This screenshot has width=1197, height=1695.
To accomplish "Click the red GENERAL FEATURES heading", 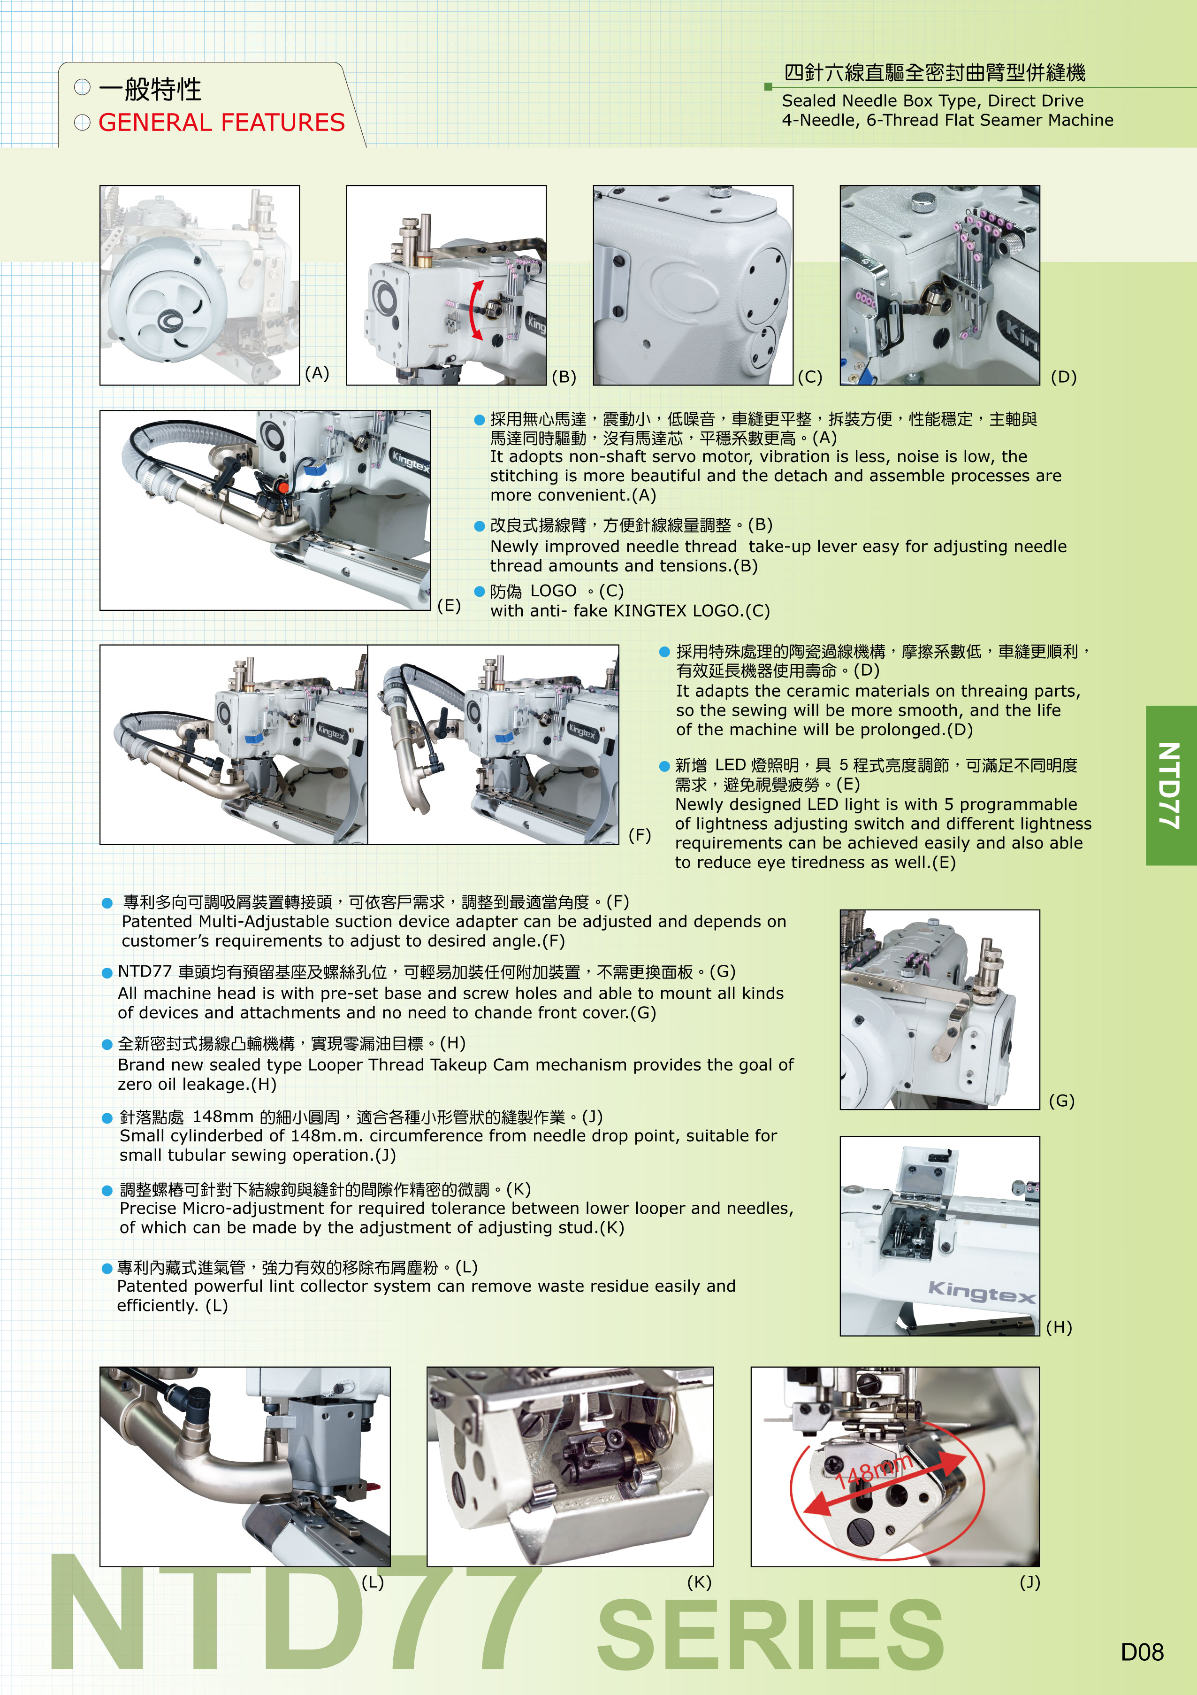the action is [x=221, y=123].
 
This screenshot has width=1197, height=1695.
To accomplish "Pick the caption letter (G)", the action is [x=1062, y=1101].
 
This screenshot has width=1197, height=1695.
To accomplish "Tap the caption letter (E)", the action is [x=449, y=605].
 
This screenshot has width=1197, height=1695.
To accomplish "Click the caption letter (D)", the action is [x=1063, y=377].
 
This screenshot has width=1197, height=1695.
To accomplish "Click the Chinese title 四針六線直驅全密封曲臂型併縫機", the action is [x=934, y=72].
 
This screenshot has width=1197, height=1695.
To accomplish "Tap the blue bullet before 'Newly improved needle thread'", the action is [x=479, y=525].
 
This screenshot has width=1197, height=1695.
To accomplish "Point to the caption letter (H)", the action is [x=1059, y=1327].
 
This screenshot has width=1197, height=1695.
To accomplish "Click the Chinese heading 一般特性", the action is [x=150, y=89].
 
